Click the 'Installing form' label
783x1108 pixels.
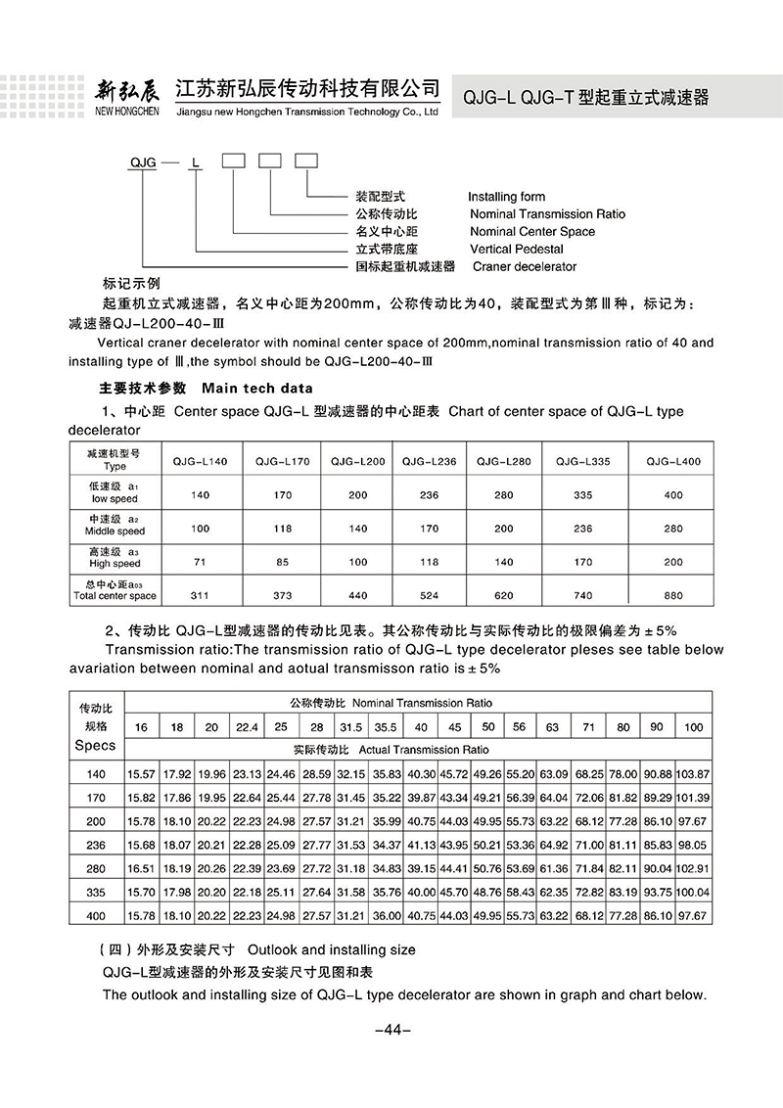pos(506,197)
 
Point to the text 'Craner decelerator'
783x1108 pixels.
pos(525,266)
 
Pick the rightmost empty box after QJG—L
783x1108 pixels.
pos(306,161)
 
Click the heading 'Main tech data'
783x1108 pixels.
pos(257,388)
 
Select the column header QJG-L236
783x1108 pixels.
pos(426,460)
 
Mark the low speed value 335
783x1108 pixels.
pos(582,494)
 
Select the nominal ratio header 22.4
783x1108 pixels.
pos(245,726)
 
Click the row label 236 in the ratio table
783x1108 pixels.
pos(95,844)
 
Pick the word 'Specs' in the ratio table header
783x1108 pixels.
pos(95,745)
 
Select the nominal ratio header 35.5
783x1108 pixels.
pos(386,726)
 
